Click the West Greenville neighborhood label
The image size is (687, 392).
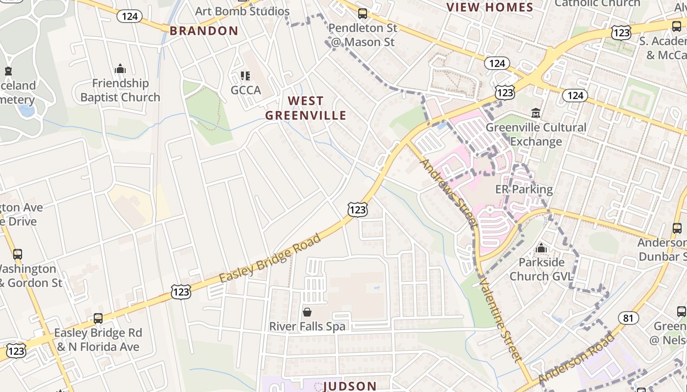point(306,108)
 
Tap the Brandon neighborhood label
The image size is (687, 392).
point(204,31)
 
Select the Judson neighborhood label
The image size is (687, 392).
point(350,386)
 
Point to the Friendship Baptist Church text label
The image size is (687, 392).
point(120,91)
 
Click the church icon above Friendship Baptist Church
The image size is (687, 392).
point(120,69)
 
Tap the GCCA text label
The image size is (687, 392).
point(246,91)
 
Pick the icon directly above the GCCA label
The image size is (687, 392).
point(245,76)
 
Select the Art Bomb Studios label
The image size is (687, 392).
point(242,11)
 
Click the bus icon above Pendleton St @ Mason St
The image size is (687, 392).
point(363,14)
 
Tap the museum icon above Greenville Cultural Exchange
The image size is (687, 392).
point(536,113)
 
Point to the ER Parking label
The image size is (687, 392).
point(524,189)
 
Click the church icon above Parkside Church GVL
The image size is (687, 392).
point(541,248)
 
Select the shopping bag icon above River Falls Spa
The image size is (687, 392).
point(307,312)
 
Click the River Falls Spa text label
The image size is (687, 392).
point(307,326)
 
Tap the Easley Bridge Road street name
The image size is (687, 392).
point(269,258)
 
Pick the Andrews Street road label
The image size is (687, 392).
point(449,193)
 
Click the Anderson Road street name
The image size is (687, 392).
point(576,358)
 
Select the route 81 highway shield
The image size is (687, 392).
point(628,318)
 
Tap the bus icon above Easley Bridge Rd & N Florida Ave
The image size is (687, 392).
point(98,318)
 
